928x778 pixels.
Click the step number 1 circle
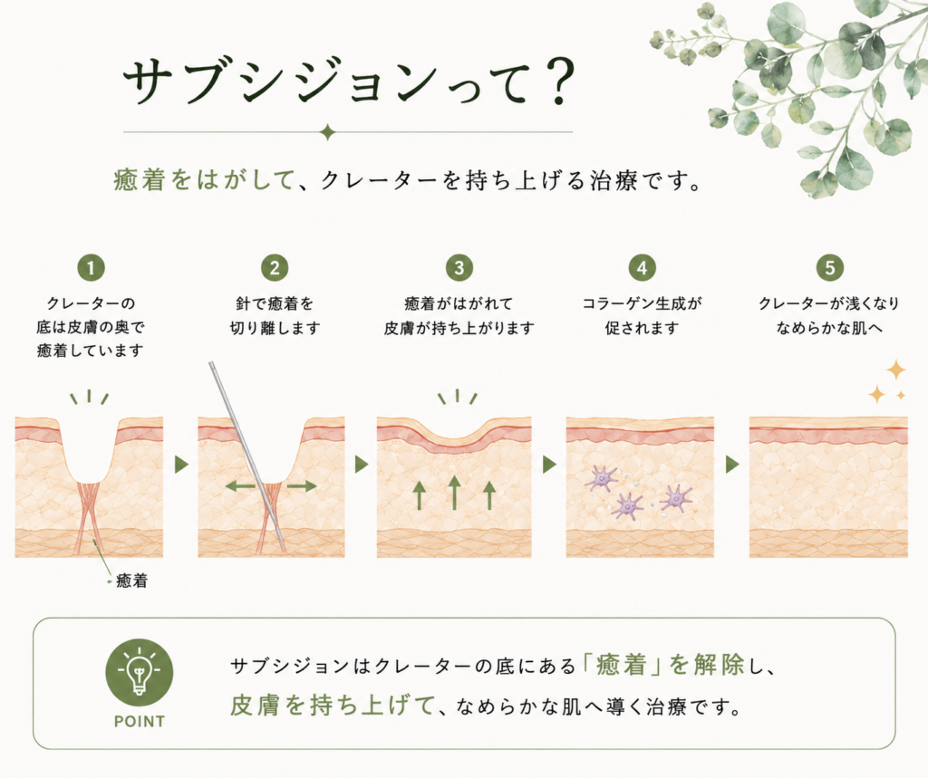(91, 268)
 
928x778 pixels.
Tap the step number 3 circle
(459, 268)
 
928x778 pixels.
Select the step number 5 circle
(829, 268)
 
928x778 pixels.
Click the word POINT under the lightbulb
(139, 722)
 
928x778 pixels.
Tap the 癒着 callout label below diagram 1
(131, 581)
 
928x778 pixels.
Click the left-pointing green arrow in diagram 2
(240, 486)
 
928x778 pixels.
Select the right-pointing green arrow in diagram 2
(302, 486)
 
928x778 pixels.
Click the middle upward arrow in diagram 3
(454, 492)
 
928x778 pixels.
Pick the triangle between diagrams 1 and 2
(181, 465)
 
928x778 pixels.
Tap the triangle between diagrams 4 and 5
(732, 465)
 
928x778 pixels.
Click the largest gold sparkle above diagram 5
(896, 370)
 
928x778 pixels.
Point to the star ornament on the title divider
(327, 132)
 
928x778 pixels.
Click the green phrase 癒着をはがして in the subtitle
(204, 180)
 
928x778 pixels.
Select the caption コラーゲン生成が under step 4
(642, 303)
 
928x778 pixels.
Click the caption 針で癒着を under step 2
(275, 303)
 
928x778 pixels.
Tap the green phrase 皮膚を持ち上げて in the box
(332, 706)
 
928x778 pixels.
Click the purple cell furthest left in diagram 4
(600, 477)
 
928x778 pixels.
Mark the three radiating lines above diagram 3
(457, 397)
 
